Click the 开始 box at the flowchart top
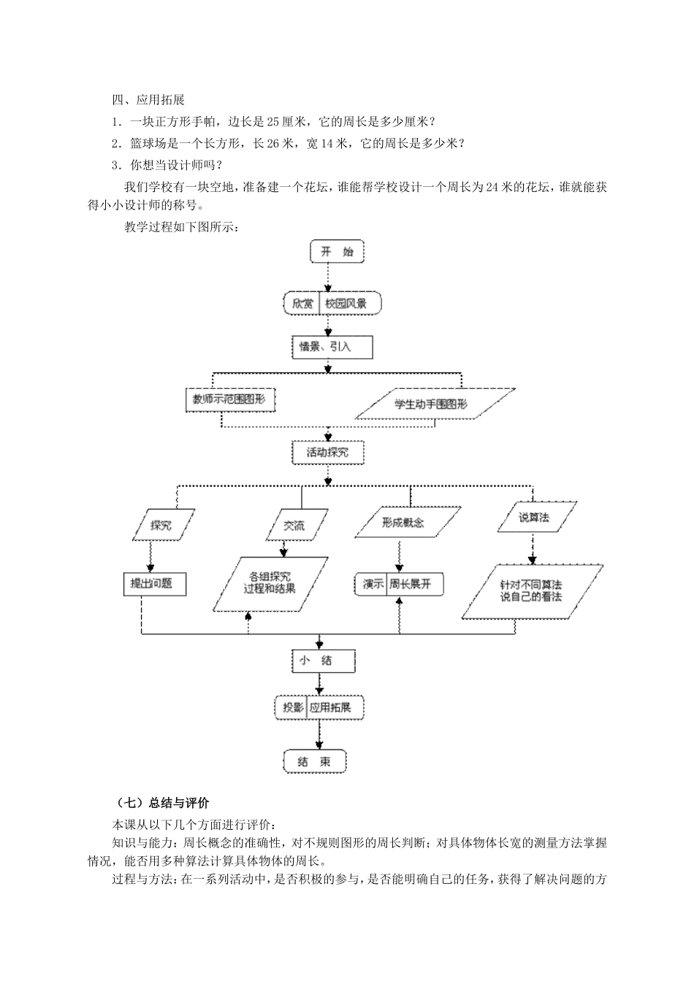(337, 252)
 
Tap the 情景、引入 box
(331, 347)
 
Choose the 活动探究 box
(327, 453)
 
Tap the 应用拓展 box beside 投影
(335, 707)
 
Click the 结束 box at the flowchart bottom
(315, 761)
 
